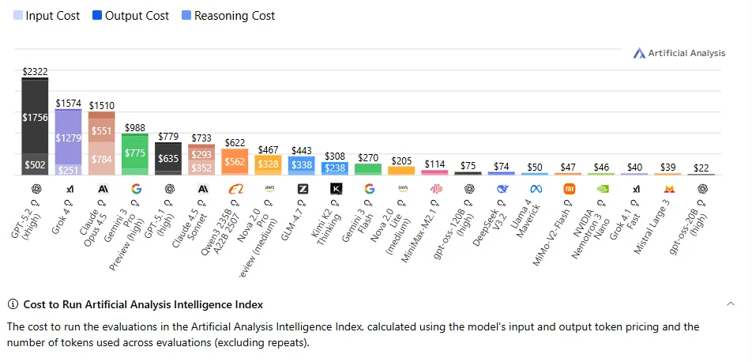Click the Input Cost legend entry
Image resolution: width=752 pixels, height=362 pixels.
47,15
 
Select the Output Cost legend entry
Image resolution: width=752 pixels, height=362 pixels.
130,15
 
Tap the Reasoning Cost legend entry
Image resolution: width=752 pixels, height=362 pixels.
227,15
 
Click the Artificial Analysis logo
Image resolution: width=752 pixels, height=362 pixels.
679,53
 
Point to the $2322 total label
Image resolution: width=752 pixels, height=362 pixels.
35,71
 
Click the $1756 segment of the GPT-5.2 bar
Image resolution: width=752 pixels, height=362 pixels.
35,118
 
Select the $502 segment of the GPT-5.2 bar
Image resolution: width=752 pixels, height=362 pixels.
35,164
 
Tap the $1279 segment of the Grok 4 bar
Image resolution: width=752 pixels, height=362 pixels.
68,138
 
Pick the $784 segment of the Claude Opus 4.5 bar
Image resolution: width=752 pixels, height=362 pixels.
102,159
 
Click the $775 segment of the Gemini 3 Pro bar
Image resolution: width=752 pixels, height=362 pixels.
135,153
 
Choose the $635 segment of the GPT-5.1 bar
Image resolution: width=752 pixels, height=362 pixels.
169,158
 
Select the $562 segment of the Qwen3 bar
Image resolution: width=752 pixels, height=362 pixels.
235,161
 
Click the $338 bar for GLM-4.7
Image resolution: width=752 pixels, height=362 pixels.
302,165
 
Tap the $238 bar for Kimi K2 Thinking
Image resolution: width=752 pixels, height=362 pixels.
335,168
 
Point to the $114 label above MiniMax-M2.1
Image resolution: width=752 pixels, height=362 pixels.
435,164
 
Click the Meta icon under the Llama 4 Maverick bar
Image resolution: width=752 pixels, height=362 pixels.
536,189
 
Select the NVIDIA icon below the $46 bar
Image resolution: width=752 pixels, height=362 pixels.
602,189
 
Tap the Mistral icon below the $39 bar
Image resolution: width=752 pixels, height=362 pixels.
668,189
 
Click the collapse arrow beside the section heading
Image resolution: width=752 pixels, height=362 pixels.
731,304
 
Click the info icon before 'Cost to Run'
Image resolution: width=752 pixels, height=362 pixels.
13,304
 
